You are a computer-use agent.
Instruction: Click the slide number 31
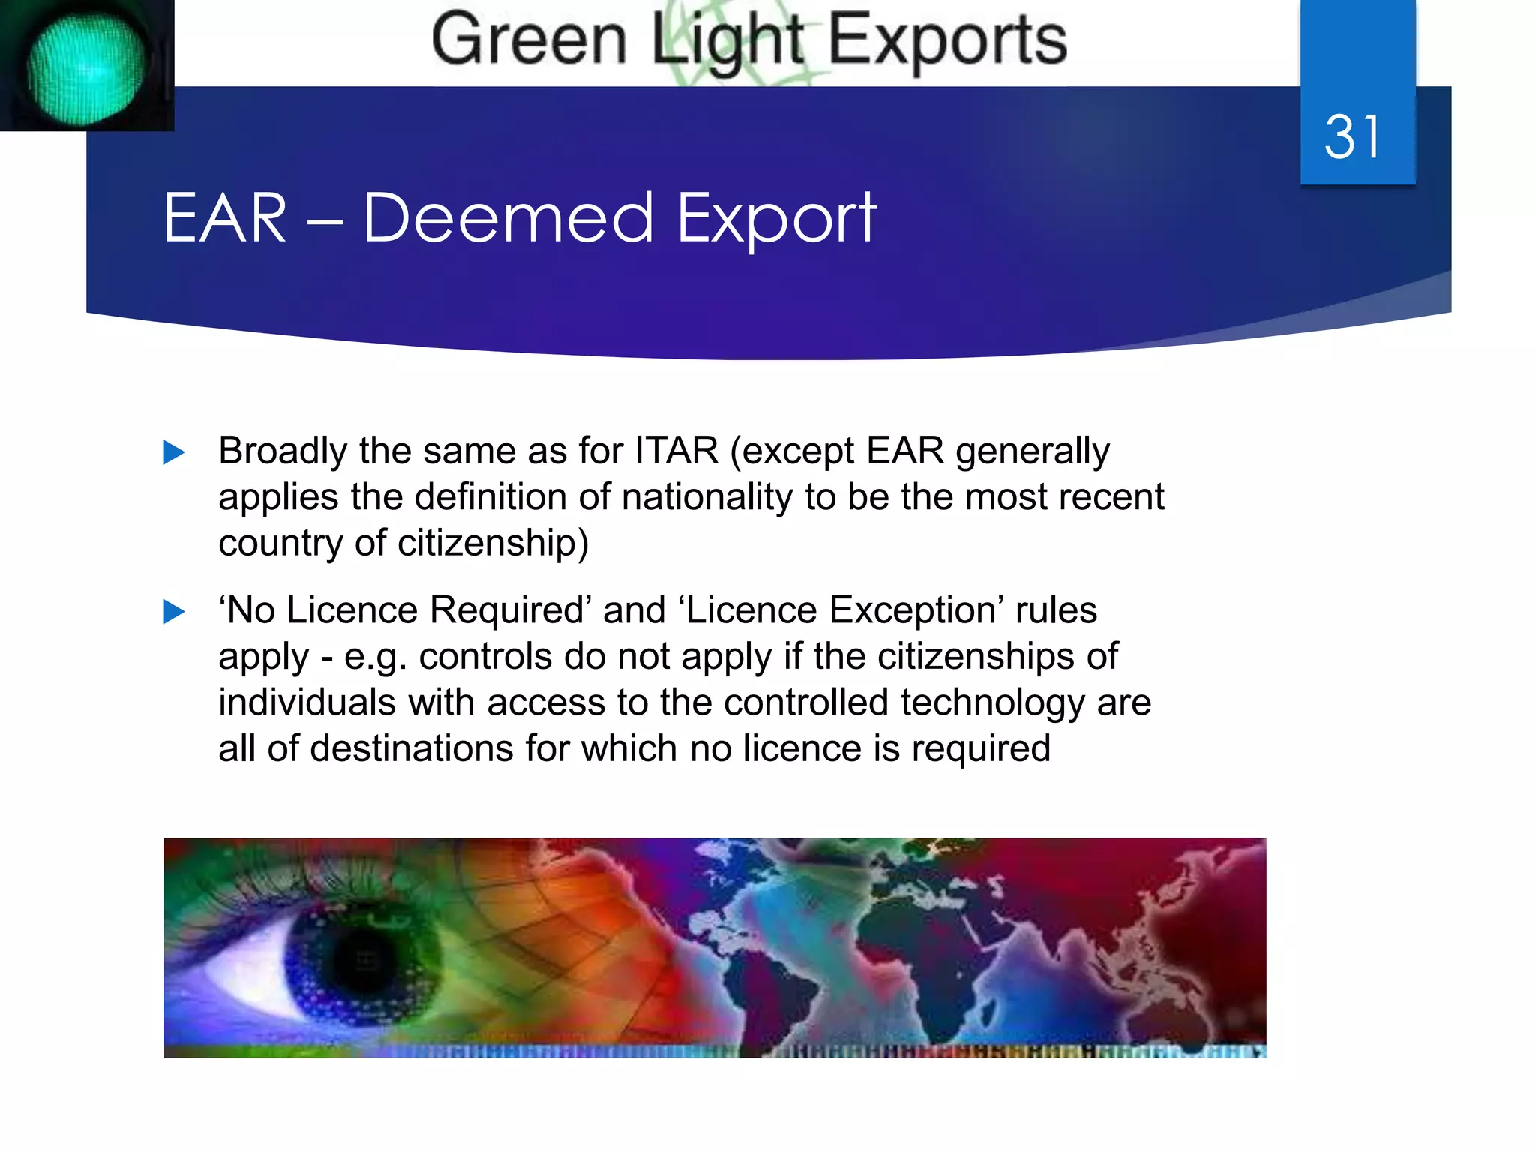(1352, 137)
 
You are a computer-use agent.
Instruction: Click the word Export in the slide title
(776, 220)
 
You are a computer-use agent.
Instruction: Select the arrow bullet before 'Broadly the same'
(174, 452)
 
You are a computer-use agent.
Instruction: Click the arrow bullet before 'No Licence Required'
(174, 612)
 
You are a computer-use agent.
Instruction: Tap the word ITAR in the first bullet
(676, 451)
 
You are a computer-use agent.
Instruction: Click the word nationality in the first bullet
(706, 497)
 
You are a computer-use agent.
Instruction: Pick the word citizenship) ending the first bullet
(493, 543)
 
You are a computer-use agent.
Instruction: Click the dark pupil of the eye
(366, 961)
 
